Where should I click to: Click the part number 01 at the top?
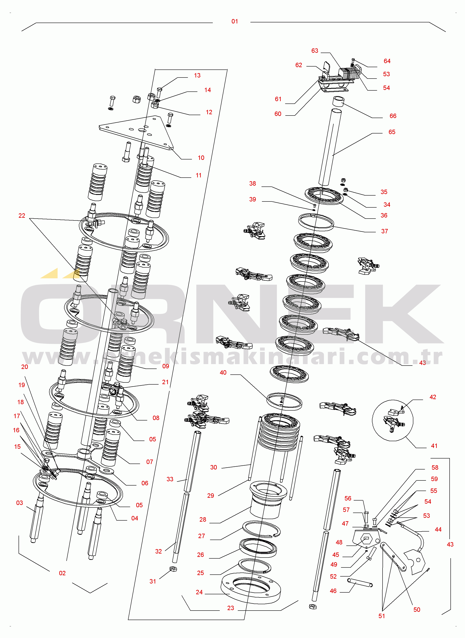235,21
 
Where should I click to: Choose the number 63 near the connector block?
314,51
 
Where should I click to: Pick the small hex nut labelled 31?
173,569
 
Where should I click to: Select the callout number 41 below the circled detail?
434,446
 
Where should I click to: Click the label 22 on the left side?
22,216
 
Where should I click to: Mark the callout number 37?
384,231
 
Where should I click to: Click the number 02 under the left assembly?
62,573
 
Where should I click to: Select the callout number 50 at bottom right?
416,609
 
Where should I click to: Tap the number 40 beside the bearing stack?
223,373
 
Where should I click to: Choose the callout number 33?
170,479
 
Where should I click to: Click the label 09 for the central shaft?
166,366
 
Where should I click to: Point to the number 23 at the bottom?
230,608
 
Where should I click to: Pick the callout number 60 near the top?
278,114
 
